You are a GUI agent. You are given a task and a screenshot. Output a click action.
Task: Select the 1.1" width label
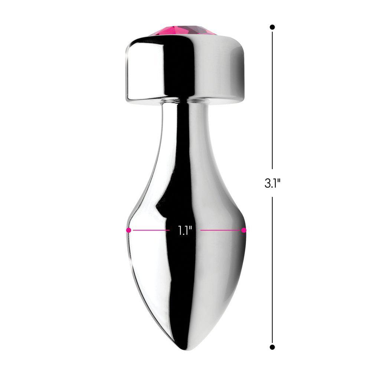[x=184, y=230]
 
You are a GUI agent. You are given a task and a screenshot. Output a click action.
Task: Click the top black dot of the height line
[x=272, y=27]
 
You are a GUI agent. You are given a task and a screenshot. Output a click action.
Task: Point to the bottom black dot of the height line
[x=272, y=347]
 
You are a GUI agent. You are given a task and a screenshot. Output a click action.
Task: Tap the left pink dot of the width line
[x=129, y=230]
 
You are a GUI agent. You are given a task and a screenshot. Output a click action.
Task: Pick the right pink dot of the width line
[x=244, y=230]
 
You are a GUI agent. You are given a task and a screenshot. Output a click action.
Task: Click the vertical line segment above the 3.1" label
[x=272, y=100]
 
